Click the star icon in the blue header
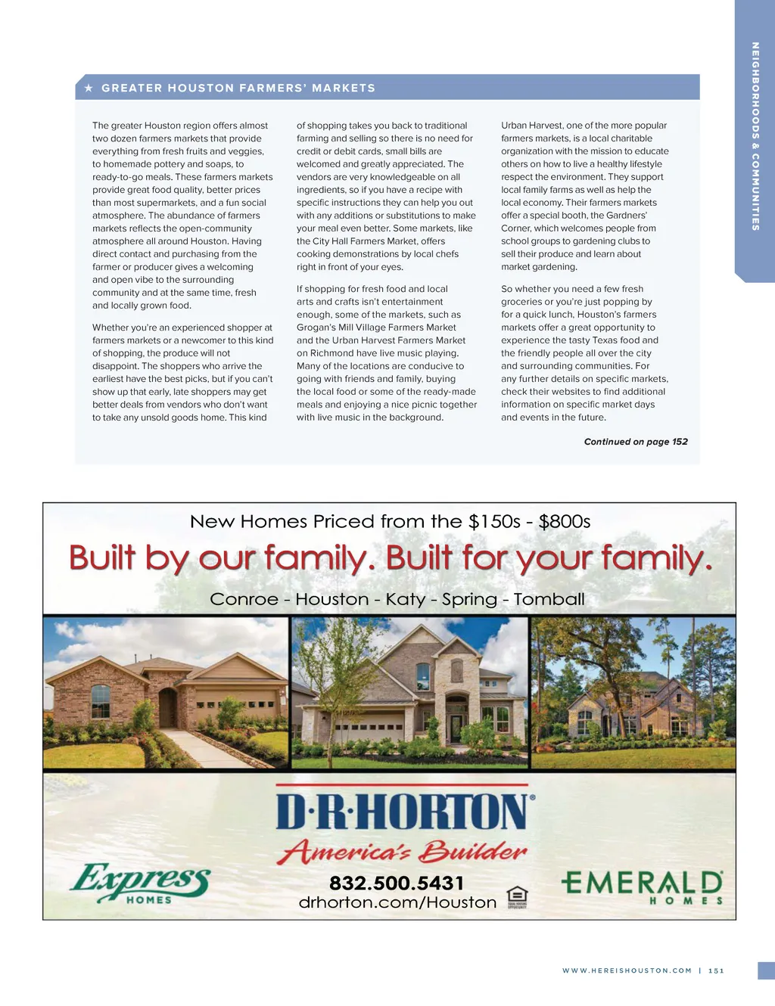point(89,88)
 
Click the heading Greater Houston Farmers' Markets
point(238,88)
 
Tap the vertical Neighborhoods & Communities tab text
point(755,136)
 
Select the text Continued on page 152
point(636,442)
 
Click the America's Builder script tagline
point(402,852)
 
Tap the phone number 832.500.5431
point(397,883)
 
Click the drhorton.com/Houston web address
point(397,902)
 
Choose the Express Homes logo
point(141,883)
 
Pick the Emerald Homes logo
point(642,886)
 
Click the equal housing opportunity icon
point(517,896)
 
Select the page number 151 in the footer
point(716,970)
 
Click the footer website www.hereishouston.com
point(627,970)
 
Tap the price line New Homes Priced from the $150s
point(390,522)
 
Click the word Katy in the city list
point(405,599)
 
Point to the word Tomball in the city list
point(549,599)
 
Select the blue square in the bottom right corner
point(766,970)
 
